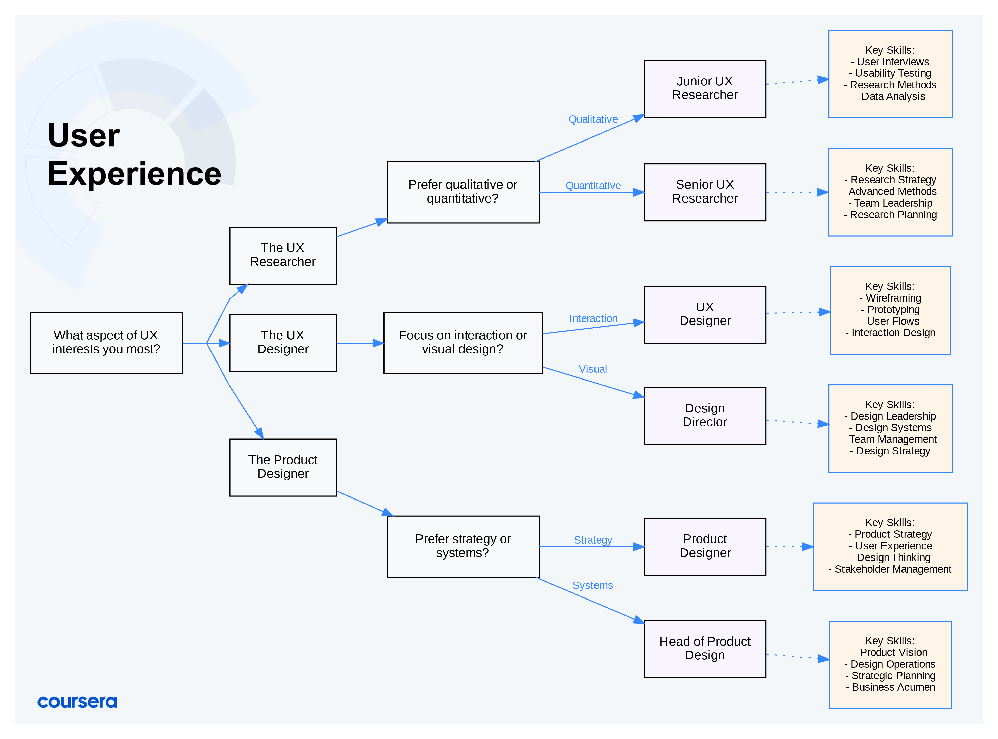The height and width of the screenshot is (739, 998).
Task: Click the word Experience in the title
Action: click(134, 174)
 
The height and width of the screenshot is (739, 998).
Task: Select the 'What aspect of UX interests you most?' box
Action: click(106, 343)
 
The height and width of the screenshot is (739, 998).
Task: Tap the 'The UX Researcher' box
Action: click(283, 255)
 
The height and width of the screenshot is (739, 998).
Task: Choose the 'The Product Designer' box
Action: click(283, 467)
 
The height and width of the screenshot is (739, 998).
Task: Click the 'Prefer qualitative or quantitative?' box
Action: click(463, 192)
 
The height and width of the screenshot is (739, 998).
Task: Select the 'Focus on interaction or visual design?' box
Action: click(463, 343)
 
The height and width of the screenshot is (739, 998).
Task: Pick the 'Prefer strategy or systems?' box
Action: click(463, 546)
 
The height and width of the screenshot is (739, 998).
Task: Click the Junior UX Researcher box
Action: click(705, 89)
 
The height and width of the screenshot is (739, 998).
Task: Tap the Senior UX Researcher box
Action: click(705, 192)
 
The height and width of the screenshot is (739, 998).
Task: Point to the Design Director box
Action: click(705, 415)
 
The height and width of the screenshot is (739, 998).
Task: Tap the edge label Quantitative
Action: click(593, 186)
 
